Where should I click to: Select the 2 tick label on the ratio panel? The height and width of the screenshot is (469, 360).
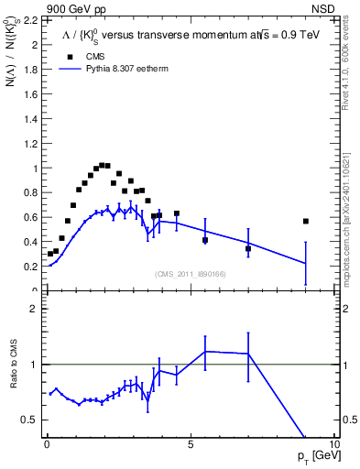[31, 309]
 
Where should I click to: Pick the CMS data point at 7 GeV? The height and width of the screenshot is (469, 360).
[248, 248]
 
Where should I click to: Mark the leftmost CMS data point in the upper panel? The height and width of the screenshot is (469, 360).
[50, 254]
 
